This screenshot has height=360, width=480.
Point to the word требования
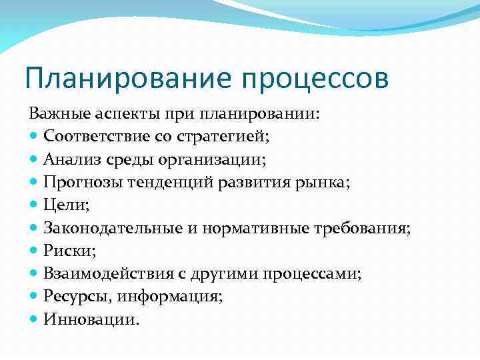coord(369,229)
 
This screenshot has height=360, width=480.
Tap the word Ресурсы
coord(74,297)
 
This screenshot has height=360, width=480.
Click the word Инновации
coord(91,320)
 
